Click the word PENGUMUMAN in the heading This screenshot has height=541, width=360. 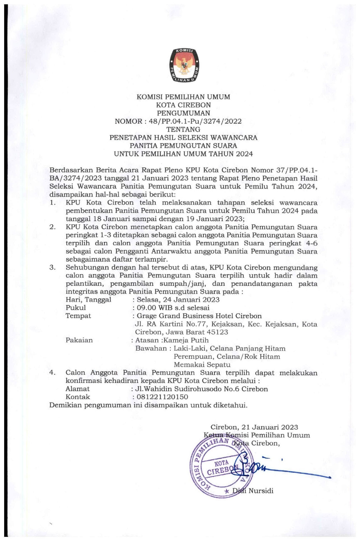[x=183, y=113]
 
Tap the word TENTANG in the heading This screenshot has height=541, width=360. [x=183, y=129]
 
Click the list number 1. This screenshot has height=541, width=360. [x=53, y=203]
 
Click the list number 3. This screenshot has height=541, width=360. [x=53, y=267]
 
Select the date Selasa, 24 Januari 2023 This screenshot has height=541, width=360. [x=178, y=300]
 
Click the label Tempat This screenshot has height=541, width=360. [x=78, y=316]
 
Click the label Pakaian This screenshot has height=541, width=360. [x=79, y=340]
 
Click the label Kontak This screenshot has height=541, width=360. [x=78, y=397]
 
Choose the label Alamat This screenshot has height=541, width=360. [x=77, y=389]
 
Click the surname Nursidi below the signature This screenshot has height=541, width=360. [x=261, y=491]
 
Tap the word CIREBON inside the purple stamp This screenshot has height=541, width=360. [x=220, y=471]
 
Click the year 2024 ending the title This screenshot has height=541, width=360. [x=244, y=154]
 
